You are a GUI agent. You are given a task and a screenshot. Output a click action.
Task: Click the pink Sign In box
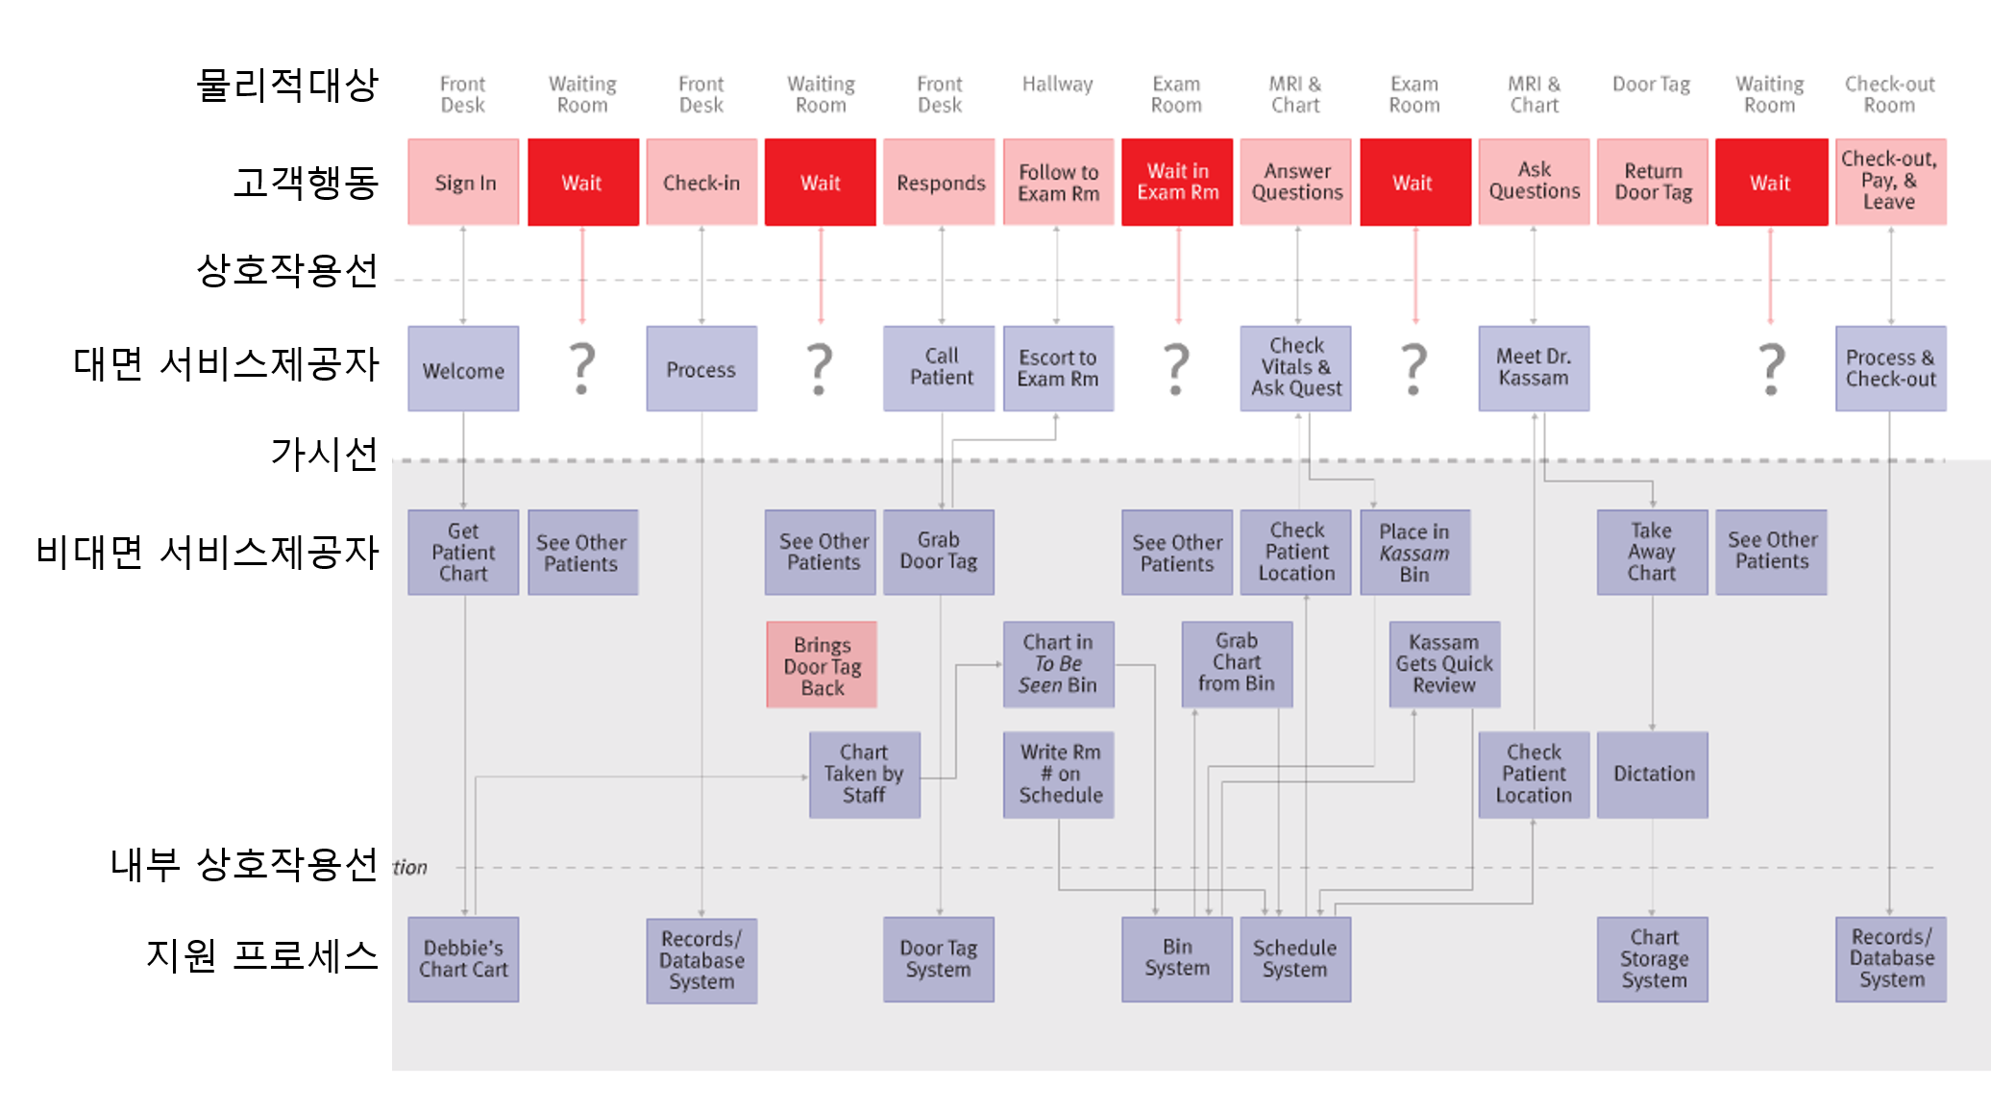[463, 183]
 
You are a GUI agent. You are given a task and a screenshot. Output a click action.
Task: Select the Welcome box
[463, 369]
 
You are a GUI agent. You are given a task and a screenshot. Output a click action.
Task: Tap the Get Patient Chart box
[463, 552]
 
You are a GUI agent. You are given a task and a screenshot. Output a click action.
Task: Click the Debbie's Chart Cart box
[463, 959]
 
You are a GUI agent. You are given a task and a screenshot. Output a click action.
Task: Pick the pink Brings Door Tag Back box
[822, 665]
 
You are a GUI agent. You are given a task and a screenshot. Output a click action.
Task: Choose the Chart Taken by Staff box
[864, 775]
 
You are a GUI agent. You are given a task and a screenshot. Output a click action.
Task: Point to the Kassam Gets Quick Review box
[1444, 664]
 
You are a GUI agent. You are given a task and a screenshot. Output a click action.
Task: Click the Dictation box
[1653, 775]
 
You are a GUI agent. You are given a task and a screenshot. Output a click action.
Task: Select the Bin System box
[1177, 959]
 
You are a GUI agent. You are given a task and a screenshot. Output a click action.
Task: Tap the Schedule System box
[1295, 959]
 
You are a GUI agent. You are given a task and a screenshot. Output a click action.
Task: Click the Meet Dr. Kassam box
[1534, 368]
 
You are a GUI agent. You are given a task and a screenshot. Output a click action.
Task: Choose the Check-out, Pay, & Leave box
[1890, 182]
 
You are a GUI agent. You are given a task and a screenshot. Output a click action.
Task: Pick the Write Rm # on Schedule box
[1059, 775]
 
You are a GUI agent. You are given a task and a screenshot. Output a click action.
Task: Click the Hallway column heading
[1057, 85]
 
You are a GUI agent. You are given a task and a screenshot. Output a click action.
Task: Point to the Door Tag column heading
[1651, 85]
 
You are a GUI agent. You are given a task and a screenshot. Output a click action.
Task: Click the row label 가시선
[324, 454]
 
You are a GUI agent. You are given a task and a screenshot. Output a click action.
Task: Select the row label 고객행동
[306, 182]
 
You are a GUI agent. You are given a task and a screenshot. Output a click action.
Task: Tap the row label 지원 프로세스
[261, 955]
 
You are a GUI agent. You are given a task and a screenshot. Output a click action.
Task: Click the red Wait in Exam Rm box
[1177, 183]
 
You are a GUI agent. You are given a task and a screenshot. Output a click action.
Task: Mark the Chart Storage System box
[1653, 959]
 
